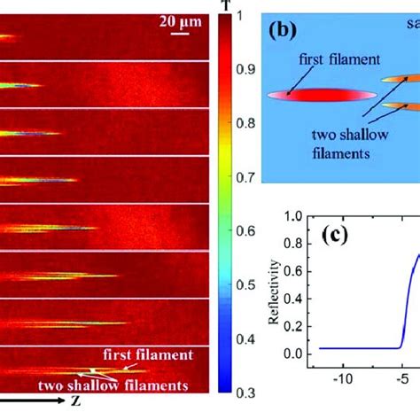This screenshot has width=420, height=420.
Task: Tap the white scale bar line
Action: click(x=180, y=35)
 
